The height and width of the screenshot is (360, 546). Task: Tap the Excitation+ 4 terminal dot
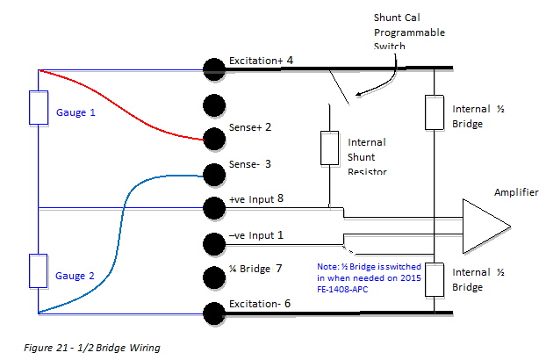pos(212,68)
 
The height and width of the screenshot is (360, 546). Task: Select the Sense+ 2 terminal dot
pos(212,138)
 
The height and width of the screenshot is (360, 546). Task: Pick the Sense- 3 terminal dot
pos(212,173)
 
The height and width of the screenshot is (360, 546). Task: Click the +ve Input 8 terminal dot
pos(212,208)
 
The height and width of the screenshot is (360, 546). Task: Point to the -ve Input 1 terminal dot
pos(212,242)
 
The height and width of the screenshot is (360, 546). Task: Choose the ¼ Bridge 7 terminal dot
pos(212,277)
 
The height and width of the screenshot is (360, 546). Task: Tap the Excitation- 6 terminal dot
pos(212,312)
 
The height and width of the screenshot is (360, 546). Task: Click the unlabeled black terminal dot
pos(212,104)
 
